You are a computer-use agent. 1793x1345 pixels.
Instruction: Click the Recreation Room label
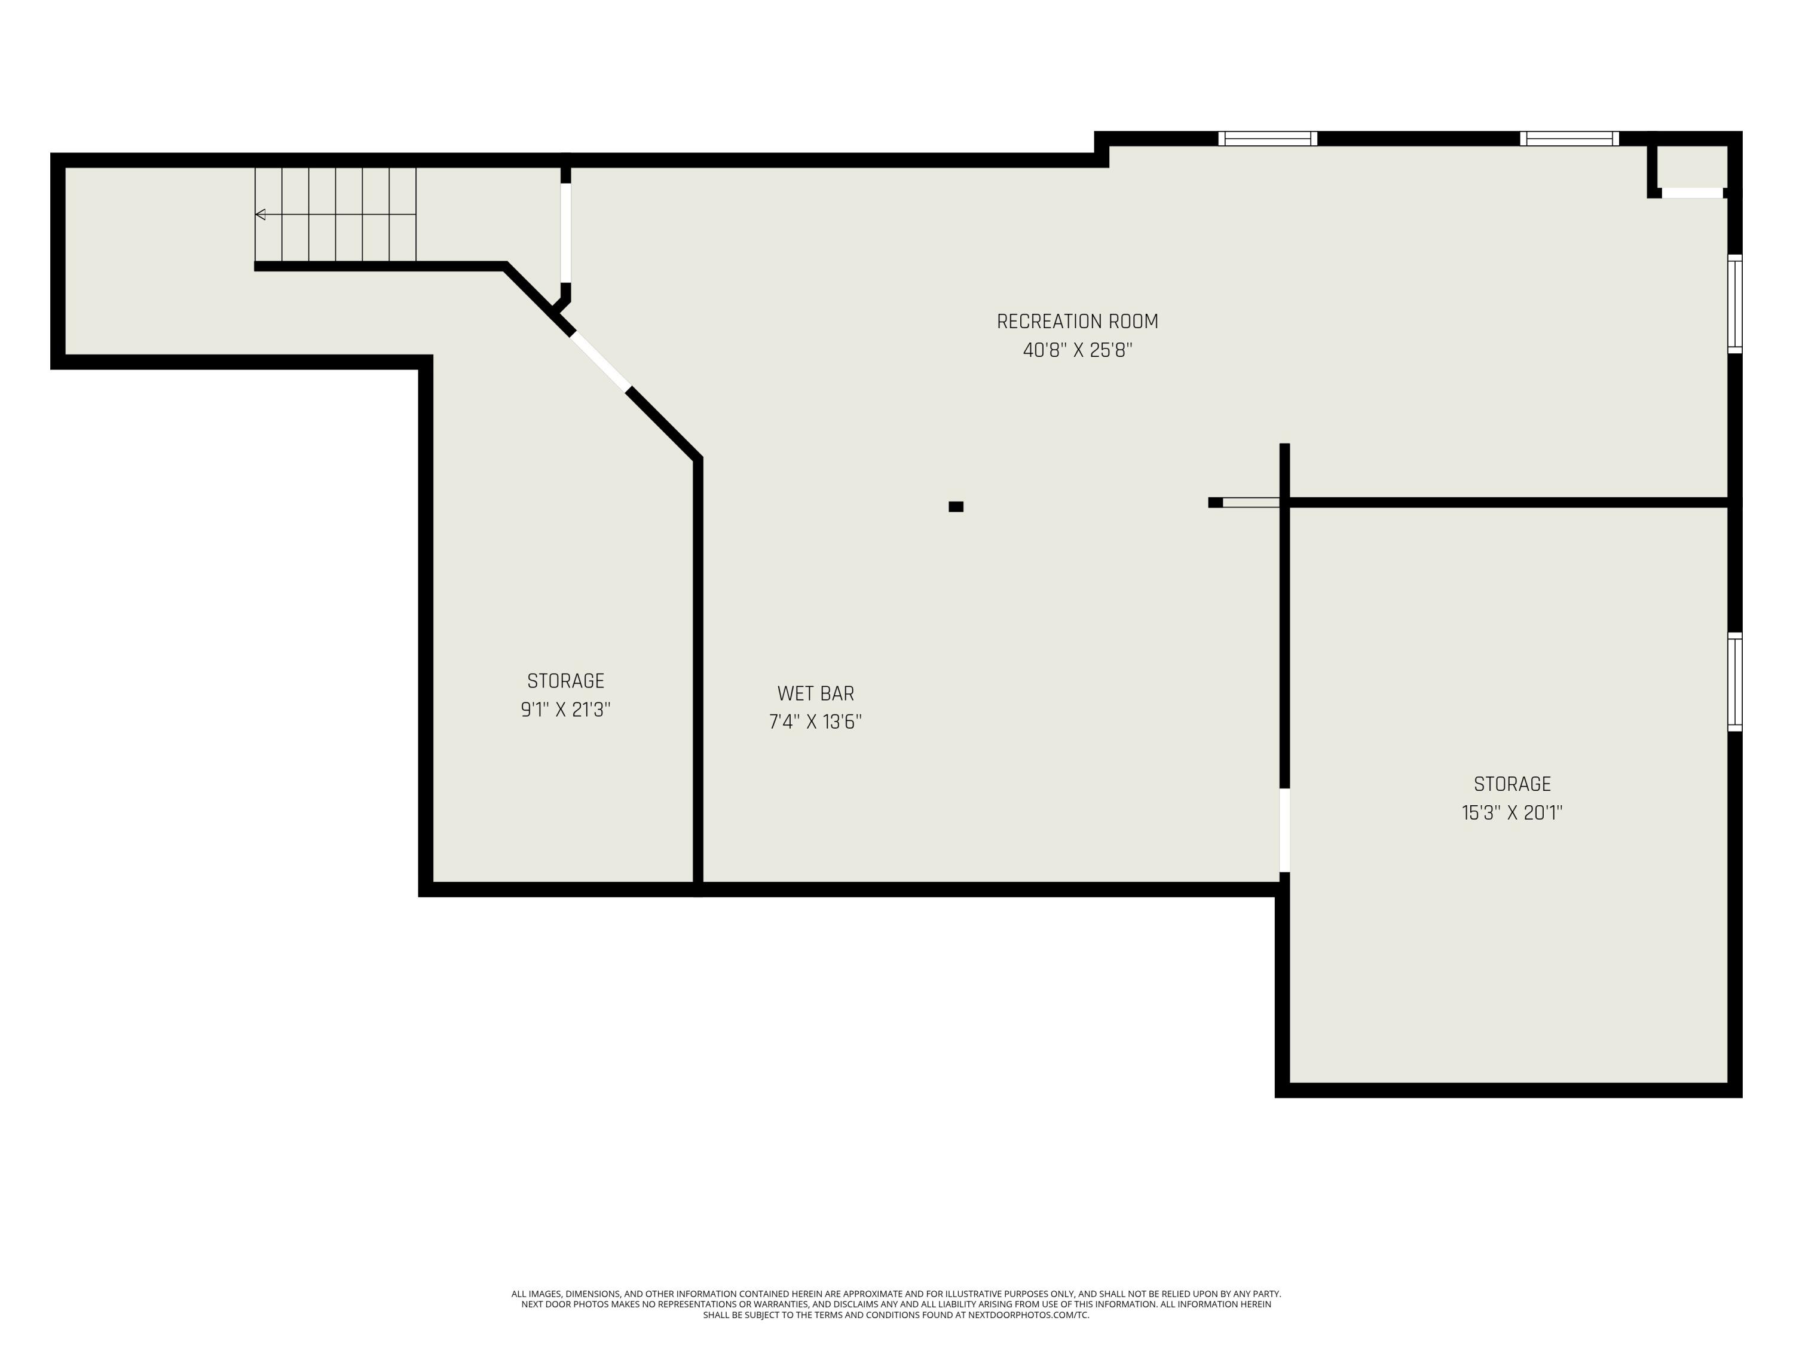click(x=1076, y=322)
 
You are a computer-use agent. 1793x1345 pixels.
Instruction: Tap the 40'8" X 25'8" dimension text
click(x=1076, y=350)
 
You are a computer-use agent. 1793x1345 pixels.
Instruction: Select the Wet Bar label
click(x=815, y=694)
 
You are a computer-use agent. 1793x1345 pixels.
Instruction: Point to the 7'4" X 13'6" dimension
click(x=815, y=722)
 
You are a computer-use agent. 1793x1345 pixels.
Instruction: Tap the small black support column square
click(x=956, y=507)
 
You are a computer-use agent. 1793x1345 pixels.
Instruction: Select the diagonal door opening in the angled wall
click(x=600, y=362)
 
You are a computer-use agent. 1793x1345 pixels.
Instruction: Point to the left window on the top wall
click(x=1267, y=139)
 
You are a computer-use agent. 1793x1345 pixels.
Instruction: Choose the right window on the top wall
click(x=1569, y=139)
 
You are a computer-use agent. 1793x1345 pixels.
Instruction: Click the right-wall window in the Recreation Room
click(x=1734, y=304)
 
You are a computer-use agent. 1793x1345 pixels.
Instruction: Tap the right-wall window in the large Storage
click(x=1734, y=682)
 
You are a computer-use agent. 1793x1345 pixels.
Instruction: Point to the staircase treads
click(x=335, y=215)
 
